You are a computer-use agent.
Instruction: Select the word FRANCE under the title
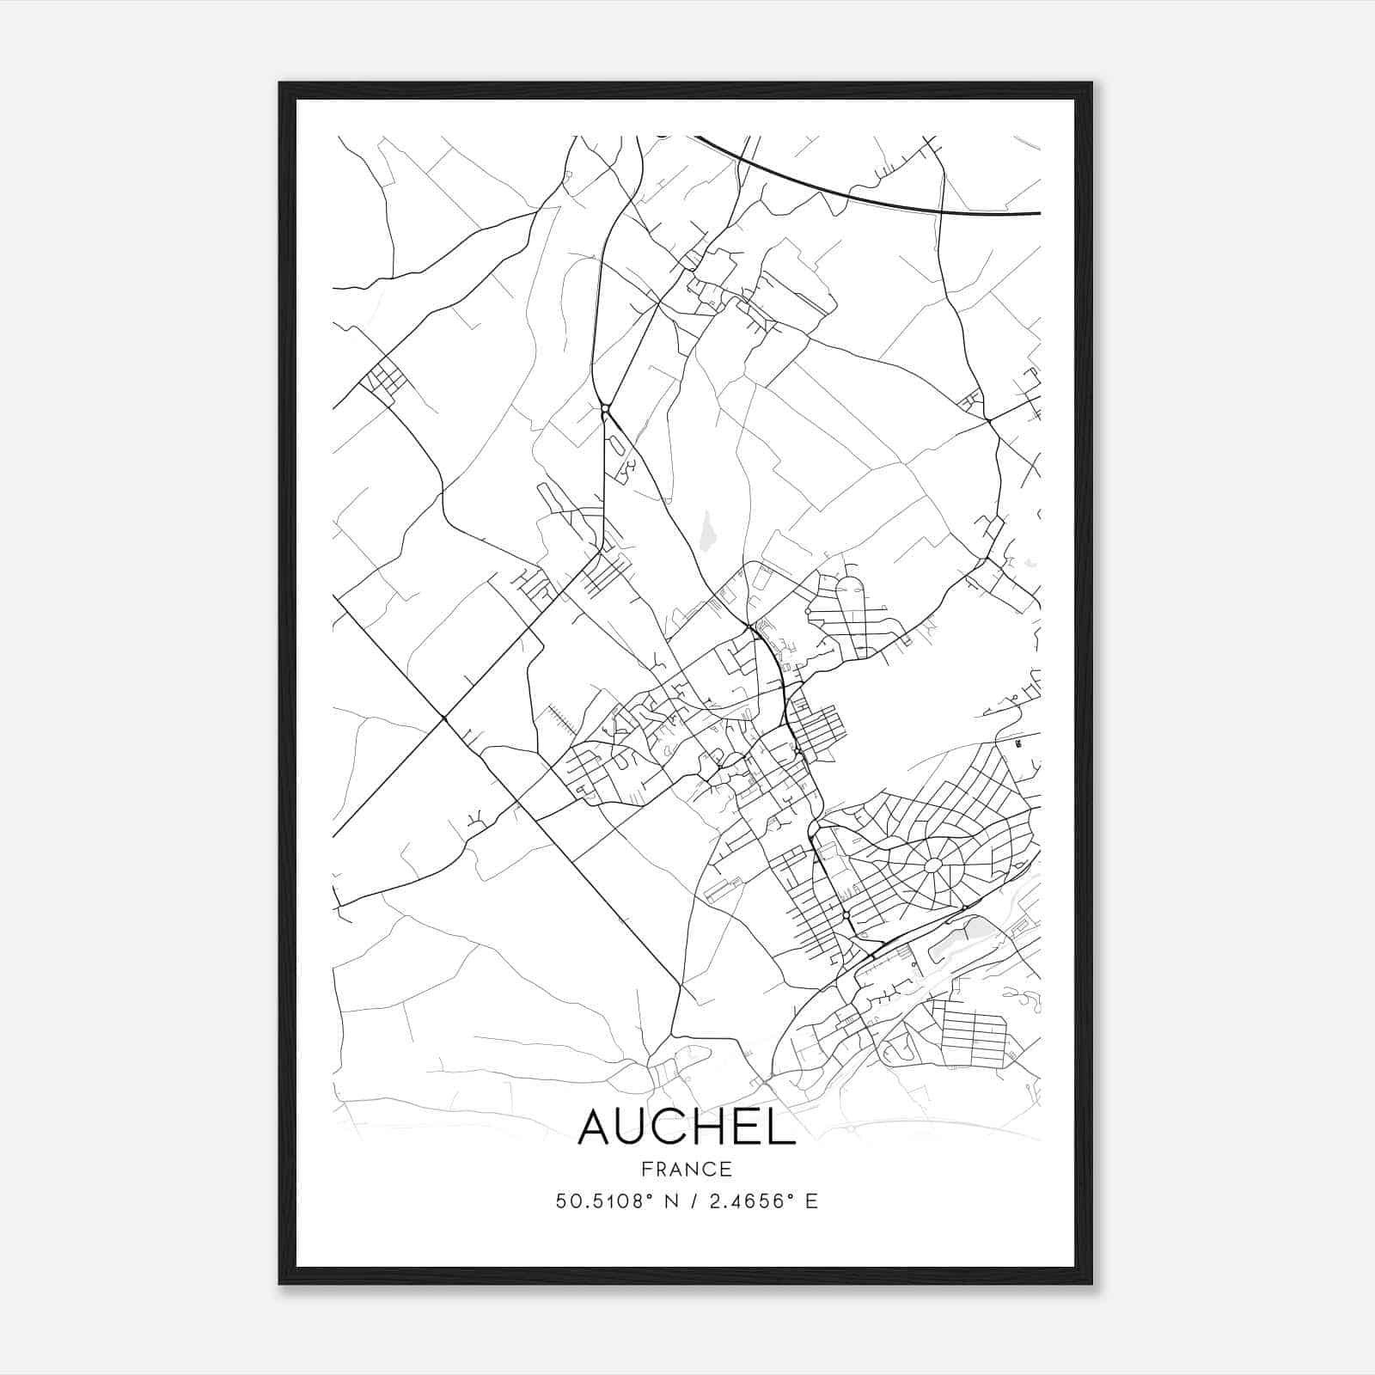(686, 1169)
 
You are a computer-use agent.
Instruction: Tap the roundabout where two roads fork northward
(605, 408)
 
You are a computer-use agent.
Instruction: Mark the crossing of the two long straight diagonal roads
(443, 717)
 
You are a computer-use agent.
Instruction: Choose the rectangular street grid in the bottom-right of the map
(975, 1032)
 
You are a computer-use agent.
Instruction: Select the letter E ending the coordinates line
(811, 1201)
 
